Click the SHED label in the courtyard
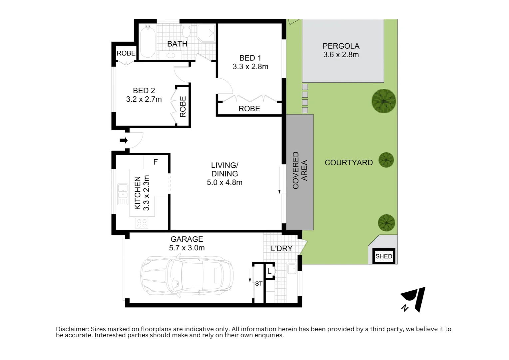[384, 256]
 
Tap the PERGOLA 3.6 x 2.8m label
[341, 50]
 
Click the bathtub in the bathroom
[147, 42]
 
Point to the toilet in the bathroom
[186, 32]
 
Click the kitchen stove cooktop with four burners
[142, 223]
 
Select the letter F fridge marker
[156, 162]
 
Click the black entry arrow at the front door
[124, 140]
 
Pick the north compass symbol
[413, 299]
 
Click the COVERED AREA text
[300, 170]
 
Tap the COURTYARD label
[348, 163]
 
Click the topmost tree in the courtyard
[384, 101]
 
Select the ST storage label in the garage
[258, 284]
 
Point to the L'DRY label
[281, 248]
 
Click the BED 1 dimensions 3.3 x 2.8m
[250, 67]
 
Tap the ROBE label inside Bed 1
[249, 109]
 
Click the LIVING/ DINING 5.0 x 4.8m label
[225, 174]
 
